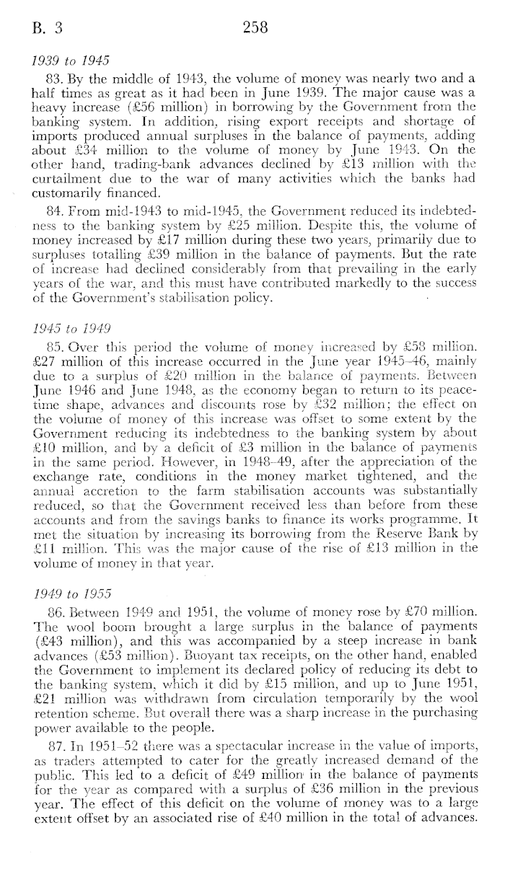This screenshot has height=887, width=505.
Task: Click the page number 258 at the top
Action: [x=255, y=28]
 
